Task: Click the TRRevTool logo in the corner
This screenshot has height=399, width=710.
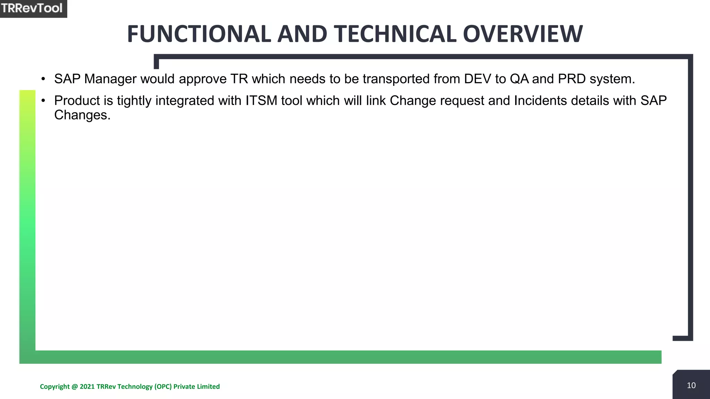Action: tap(32, 8)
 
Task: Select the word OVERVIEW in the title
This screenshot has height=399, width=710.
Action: tap(523, 34)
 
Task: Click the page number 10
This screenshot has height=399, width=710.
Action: tap(691, 385)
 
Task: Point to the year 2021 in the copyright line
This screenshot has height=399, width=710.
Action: tap(87, 387)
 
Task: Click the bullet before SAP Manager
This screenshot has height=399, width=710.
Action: tap(43, 79)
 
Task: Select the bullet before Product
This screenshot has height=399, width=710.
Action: tap(43, 101)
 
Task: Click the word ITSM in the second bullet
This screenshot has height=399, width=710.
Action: tap(261, 101)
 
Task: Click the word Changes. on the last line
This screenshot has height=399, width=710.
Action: tap(82, 115)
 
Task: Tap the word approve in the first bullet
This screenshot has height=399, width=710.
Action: tap(202, 79)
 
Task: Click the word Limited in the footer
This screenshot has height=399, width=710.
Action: tap(208, 387)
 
